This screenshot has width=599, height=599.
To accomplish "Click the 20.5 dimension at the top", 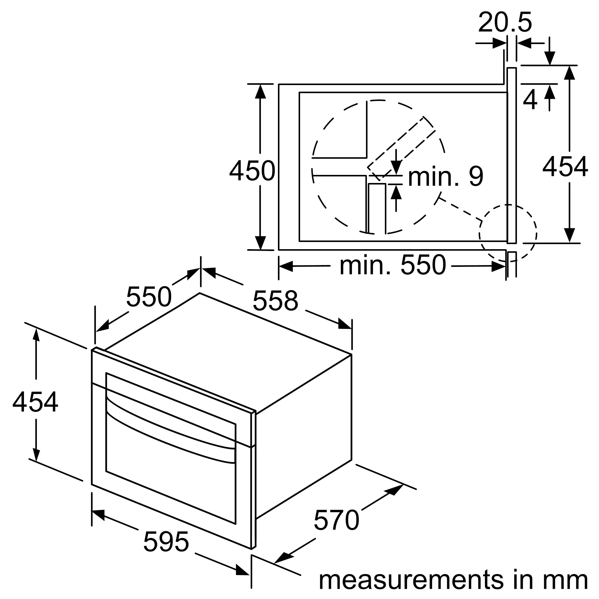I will click(505, 22).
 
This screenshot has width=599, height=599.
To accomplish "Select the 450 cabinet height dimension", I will click(252, 171).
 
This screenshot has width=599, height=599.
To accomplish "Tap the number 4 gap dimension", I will click(530, 100).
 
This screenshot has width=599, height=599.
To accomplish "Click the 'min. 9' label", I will click(446, 176).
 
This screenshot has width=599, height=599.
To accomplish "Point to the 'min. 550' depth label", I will click(393, 265).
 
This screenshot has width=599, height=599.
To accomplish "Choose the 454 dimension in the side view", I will click(565, 167).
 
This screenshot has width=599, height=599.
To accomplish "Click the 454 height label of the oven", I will click(35, 402).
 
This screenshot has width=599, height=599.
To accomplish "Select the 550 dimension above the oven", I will click(149, 297).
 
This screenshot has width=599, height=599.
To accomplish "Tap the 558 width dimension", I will click(275, 300).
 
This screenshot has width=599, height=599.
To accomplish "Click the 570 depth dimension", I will click(336, 520).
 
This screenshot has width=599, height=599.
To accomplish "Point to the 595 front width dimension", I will click(166, 541).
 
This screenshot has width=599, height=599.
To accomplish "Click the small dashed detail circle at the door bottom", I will click(508, 233).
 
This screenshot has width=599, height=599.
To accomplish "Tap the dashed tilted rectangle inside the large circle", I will click(402, 149).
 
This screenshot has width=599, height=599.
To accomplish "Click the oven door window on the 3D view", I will click(170, 465).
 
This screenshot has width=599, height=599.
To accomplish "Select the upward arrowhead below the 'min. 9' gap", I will click(396, 192).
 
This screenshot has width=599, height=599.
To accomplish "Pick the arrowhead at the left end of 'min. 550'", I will click(286, 266).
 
